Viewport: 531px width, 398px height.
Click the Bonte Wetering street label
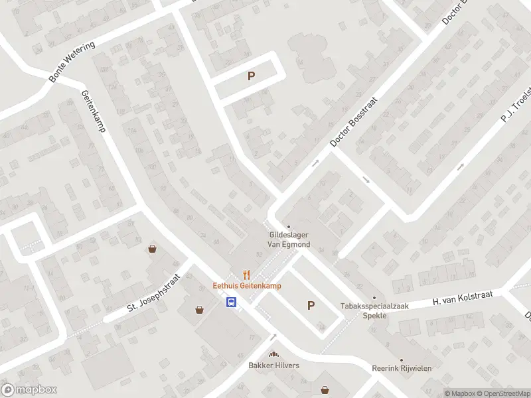pos(72,62)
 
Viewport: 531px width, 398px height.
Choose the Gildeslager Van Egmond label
pos(289,239)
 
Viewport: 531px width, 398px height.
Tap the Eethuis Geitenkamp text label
pos(247,286)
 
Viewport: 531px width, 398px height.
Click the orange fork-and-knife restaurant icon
pos(247,275)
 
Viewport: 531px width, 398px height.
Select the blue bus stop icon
pos(231,302)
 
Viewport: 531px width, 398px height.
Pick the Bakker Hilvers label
pos(273,365)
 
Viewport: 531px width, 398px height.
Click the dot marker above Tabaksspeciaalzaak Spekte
pos(374,297)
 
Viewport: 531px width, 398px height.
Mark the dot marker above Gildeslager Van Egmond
pos(288,227)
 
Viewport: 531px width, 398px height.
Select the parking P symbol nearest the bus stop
pos(310,305)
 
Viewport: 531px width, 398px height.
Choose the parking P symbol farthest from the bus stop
pos(251,76)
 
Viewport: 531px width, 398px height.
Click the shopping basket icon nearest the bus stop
pos(199,309)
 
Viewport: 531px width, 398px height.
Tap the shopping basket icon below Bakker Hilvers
pos(325,389)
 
